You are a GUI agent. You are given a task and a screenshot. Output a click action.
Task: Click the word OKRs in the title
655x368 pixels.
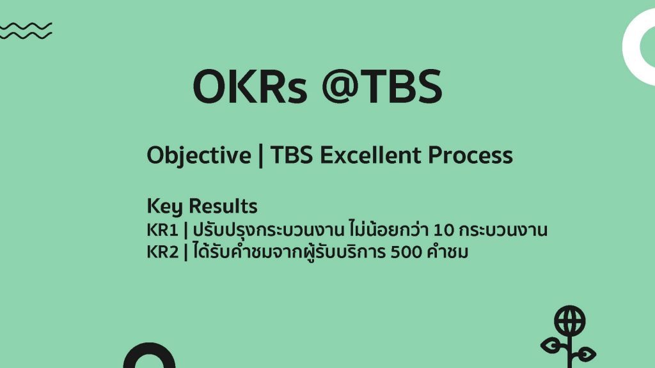(250, 86)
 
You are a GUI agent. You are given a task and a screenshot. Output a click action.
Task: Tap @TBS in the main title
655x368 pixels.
(383, 86)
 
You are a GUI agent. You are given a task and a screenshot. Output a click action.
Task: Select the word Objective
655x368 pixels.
(199, 156)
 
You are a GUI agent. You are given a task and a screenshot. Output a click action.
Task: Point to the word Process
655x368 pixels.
(470, 155)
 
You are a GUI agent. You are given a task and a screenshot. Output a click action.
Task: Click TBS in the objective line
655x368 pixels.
(292, 155)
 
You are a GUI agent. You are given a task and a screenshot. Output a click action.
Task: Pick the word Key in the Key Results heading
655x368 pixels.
(164, 206)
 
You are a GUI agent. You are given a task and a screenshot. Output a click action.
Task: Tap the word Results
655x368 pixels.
(223, 206)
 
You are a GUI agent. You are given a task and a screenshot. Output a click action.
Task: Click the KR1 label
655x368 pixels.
(162, 230)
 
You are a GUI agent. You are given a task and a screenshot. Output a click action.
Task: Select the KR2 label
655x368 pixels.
(162, 252)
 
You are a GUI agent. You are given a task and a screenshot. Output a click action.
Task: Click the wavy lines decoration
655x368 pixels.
(26, 31)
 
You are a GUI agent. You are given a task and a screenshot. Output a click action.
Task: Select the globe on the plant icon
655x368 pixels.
(570, 321)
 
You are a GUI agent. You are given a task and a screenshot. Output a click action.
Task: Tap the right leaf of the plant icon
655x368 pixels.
(584, 355)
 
